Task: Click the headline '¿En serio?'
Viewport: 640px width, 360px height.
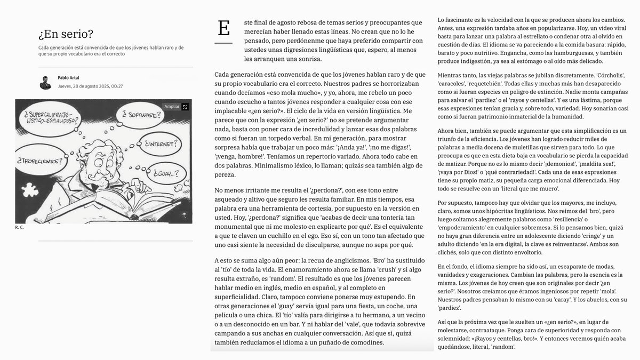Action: (x=66, y=35)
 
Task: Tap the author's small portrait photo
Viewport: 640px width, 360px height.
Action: (x=45, y=82)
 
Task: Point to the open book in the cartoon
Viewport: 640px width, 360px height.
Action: (x=112, y=205)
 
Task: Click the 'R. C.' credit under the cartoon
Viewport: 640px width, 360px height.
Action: (x=19, y=227)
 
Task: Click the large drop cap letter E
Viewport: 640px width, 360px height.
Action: (x=224, y=28)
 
